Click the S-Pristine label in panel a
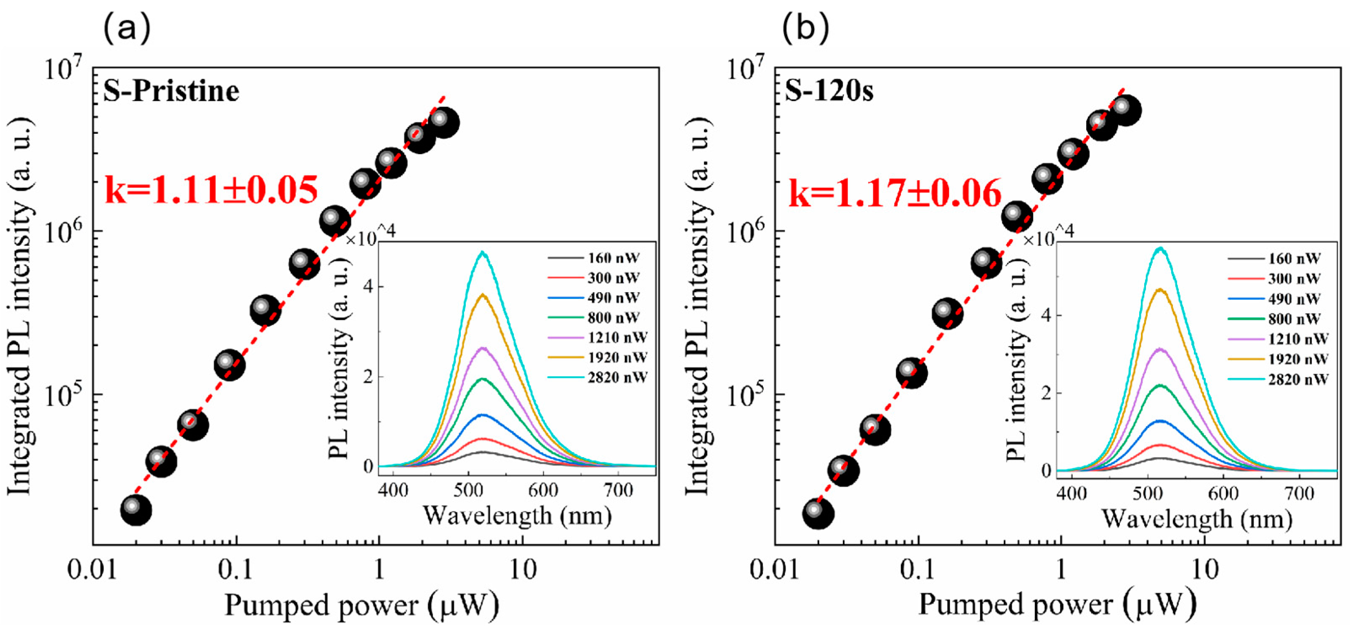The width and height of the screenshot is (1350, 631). point(171,92)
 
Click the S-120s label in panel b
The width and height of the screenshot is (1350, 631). point(829,92)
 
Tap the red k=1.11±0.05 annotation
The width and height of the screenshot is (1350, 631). point(211,190)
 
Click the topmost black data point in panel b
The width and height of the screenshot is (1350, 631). point(1125,110)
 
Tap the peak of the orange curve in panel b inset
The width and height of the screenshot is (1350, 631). point(1159,290)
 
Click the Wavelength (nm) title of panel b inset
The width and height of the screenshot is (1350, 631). point(1197,520)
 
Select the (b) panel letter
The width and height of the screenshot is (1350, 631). point(806,29)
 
